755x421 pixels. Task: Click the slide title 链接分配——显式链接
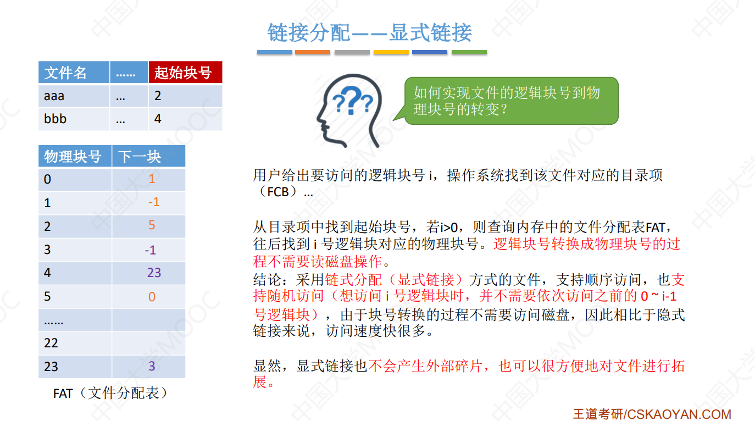pyautogui.click(x=369, y=33)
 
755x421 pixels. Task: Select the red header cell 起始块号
pyautogui.click(x=185, y=73)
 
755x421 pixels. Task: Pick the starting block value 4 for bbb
pyautogui.click(x=158, y=119)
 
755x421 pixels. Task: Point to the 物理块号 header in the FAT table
pyautogui.click(x=73, y=157)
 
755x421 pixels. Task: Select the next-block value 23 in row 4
pyautogui.click(x=154, y=273)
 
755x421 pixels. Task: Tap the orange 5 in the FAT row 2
pyautogui.click(x=152, y=225)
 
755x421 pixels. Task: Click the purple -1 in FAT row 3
pyautogui.click(x=150, y=250)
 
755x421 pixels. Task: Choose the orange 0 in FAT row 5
pyautogui.click(x=152, y=297)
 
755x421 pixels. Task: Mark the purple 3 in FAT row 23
pyautogui.click(x=152, y=367)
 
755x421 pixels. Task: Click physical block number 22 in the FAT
pyautogui.click(x=51, y=344)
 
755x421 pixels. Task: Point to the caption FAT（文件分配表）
pyautogui.click(x=110, y=394)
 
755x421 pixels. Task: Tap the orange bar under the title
pyautogui.click(x=313, y=52)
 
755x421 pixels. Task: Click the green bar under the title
pyautogui.click(x=469, y=52)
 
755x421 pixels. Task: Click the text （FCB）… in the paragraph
pyautogui.click(x=284, y=192)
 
